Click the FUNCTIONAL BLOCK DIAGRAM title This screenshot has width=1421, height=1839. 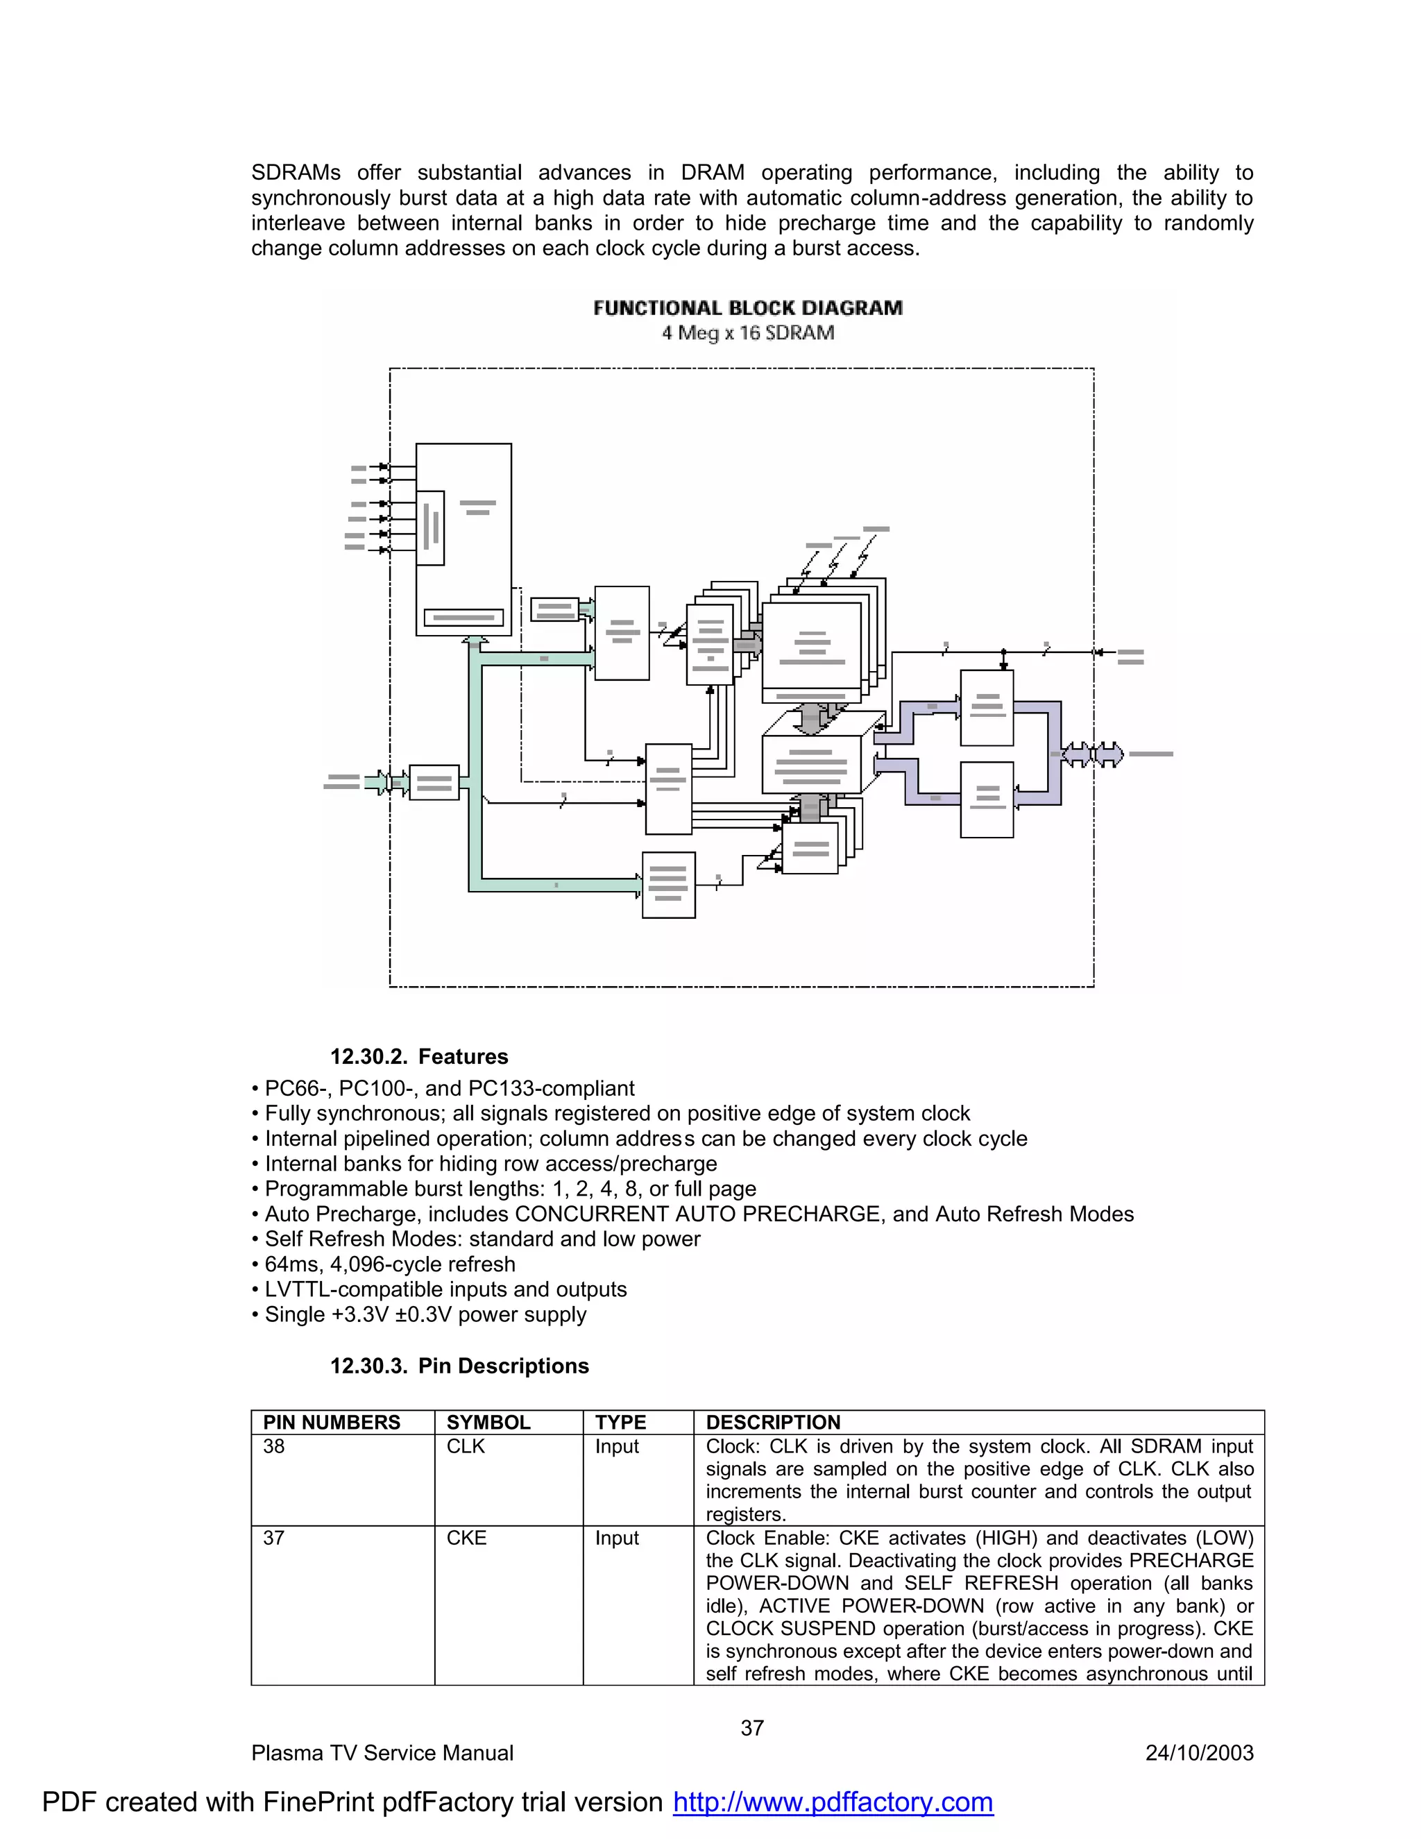(x=747, y=308)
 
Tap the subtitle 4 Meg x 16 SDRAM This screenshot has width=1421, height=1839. (x=747, y=333)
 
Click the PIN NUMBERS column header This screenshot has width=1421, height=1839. (x=332, y=1422)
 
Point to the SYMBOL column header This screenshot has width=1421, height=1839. (x=488, y=1422)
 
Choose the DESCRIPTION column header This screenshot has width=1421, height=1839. (x=773, y=1422)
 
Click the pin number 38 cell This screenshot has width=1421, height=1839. (x=275, y=1447)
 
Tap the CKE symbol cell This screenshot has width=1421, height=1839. (x=466, y=1538)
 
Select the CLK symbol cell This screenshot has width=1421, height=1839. (x=466, y=1447)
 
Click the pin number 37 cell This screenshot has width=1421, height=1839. (x=275, y=1538)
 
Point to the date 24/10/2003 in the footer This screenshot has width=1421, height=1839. (x=1199, y=1753)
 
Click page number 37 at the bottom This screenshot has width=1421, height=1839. (x=751, y=1728)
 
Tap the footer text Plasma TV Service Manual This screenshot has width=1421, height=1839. (x=382, y=1753)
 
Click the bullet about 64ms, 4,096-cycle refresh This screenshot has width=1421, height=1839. (x=390, y=1264)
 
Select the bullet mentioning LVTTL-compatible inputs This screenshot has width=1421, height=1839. (x=445, y=1289)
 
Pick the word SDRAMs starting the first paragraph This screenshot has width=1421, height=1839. (x=296, y=173)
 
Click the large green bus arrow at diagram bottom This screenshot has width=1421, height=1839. (x=556, y=884)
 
